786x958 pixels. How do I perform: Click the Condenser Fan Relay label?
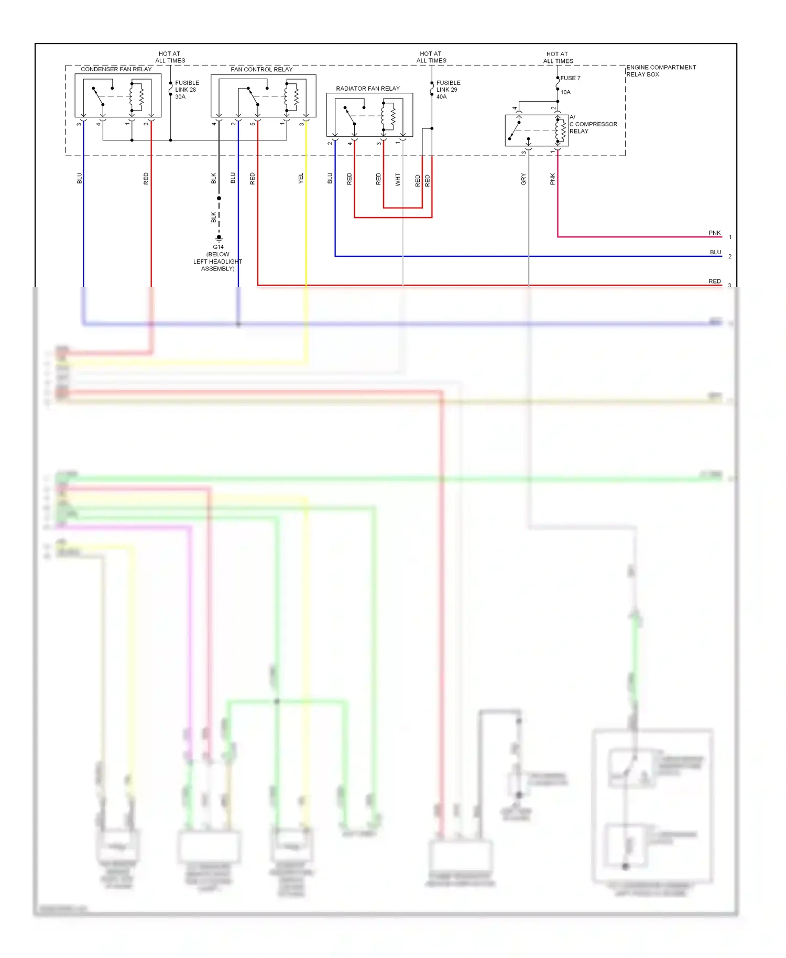tap(116, 69)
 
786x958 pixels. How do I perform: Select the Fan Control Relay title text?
tap(261, 69)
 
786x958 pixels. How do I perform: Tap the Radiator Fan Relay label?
tap(367, 89)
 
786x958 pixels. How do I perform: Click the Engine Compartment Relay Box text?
tap(661, 71)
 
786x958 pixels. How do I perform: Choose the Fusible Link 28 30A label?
tap(187, 90)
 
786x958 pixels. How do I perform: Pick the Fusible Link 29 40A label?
tap(448, 90)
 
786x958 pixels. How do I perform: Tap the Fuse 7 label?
tap(570, 78)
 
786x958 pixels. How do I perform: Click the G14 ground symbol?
tap(219, 238)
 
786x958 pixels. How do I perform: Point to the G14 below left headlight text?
tap(218, 258)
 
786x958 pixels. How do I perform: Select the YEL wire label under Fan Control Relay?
tap(301, 178)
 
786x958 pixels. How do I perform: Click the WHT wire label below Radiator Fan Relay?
tap(398, 179)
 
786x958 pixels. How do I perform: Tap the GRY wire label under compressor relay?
tap(523, 179)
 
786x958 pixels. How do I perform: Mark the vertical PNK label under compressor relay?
tap(552, 179)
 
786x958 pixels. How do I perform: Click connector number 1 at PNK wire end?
tap(729, 237)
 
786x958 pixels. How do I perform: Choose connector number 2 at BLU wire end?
tap(729, 256)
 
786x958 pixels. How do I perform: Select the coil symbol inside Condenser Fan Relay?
tap(141, 97)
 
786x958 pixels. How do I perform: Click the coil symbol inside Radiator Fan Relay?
tap(392, 116)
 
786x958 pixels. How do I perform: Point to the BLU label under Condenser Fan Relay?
tap(80, 178)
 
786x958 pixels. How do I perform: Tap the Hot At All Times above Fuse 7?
tap(558, 57)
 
